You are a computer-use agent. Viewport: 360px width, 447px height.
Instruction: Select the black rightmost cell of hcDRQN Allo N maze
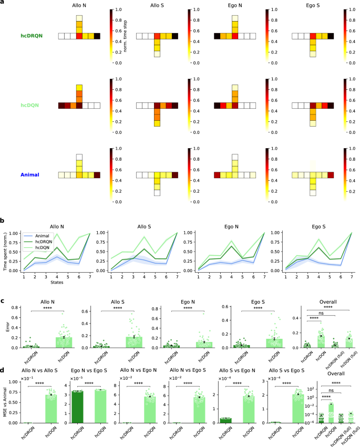(x=101, y=36)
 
